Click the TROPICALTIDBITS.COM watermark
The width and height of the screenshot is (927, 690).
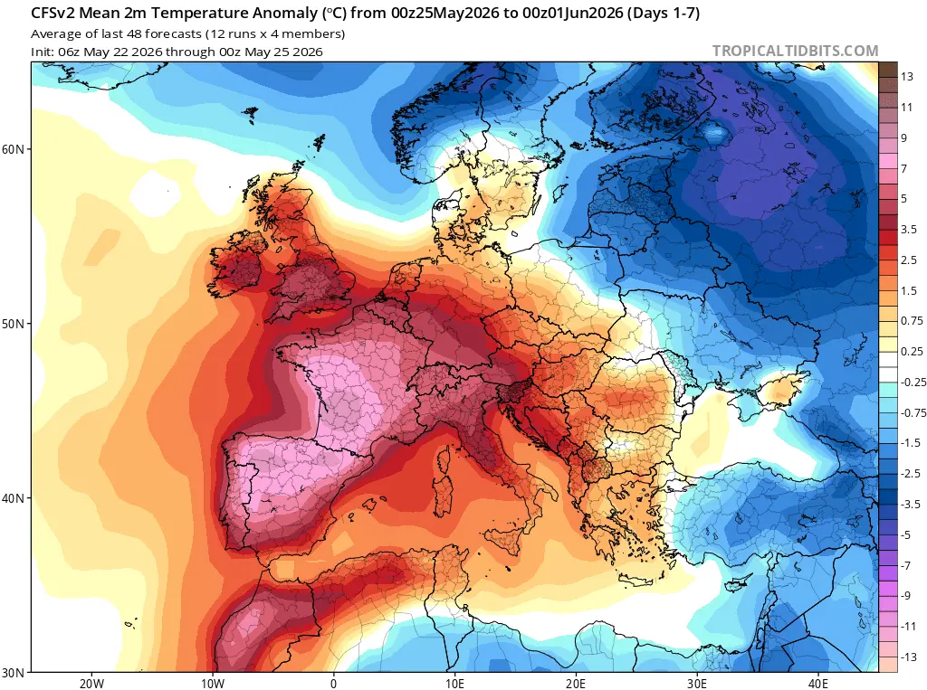pos(795,51)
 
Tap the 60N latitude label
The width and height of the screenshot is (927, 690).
pos(13,149)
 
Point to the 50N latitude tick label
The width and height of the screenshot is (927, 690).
pos(13,324)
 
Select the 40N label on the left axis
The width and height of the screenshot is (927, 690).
pos(13,498)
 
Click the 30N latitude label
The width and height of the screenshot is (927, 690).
pos(13,672)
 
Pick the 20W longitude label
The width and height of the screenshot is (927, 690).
pos(91,684)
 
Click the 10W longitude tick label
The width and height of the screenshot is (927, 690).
pos(213,684)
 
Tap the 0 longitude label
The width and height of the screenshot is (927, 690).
pos(333,684)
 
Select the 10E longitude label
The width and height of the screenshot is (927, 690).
pos(454,684)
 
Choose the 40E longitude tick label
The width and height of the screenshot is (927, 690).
pos(817,684)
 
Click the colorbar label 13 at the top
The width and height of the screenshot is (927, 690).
pos(907,77)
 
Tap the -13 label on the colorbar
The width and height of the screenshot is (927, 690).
pos(909,657)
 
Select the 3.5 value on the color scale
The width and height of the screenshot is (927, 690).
pos(909,229)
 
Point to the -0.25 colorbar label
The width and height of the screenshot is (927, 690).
pos(913,383)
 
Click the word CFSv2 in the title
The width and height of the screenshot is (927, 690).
pos(53,13)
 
